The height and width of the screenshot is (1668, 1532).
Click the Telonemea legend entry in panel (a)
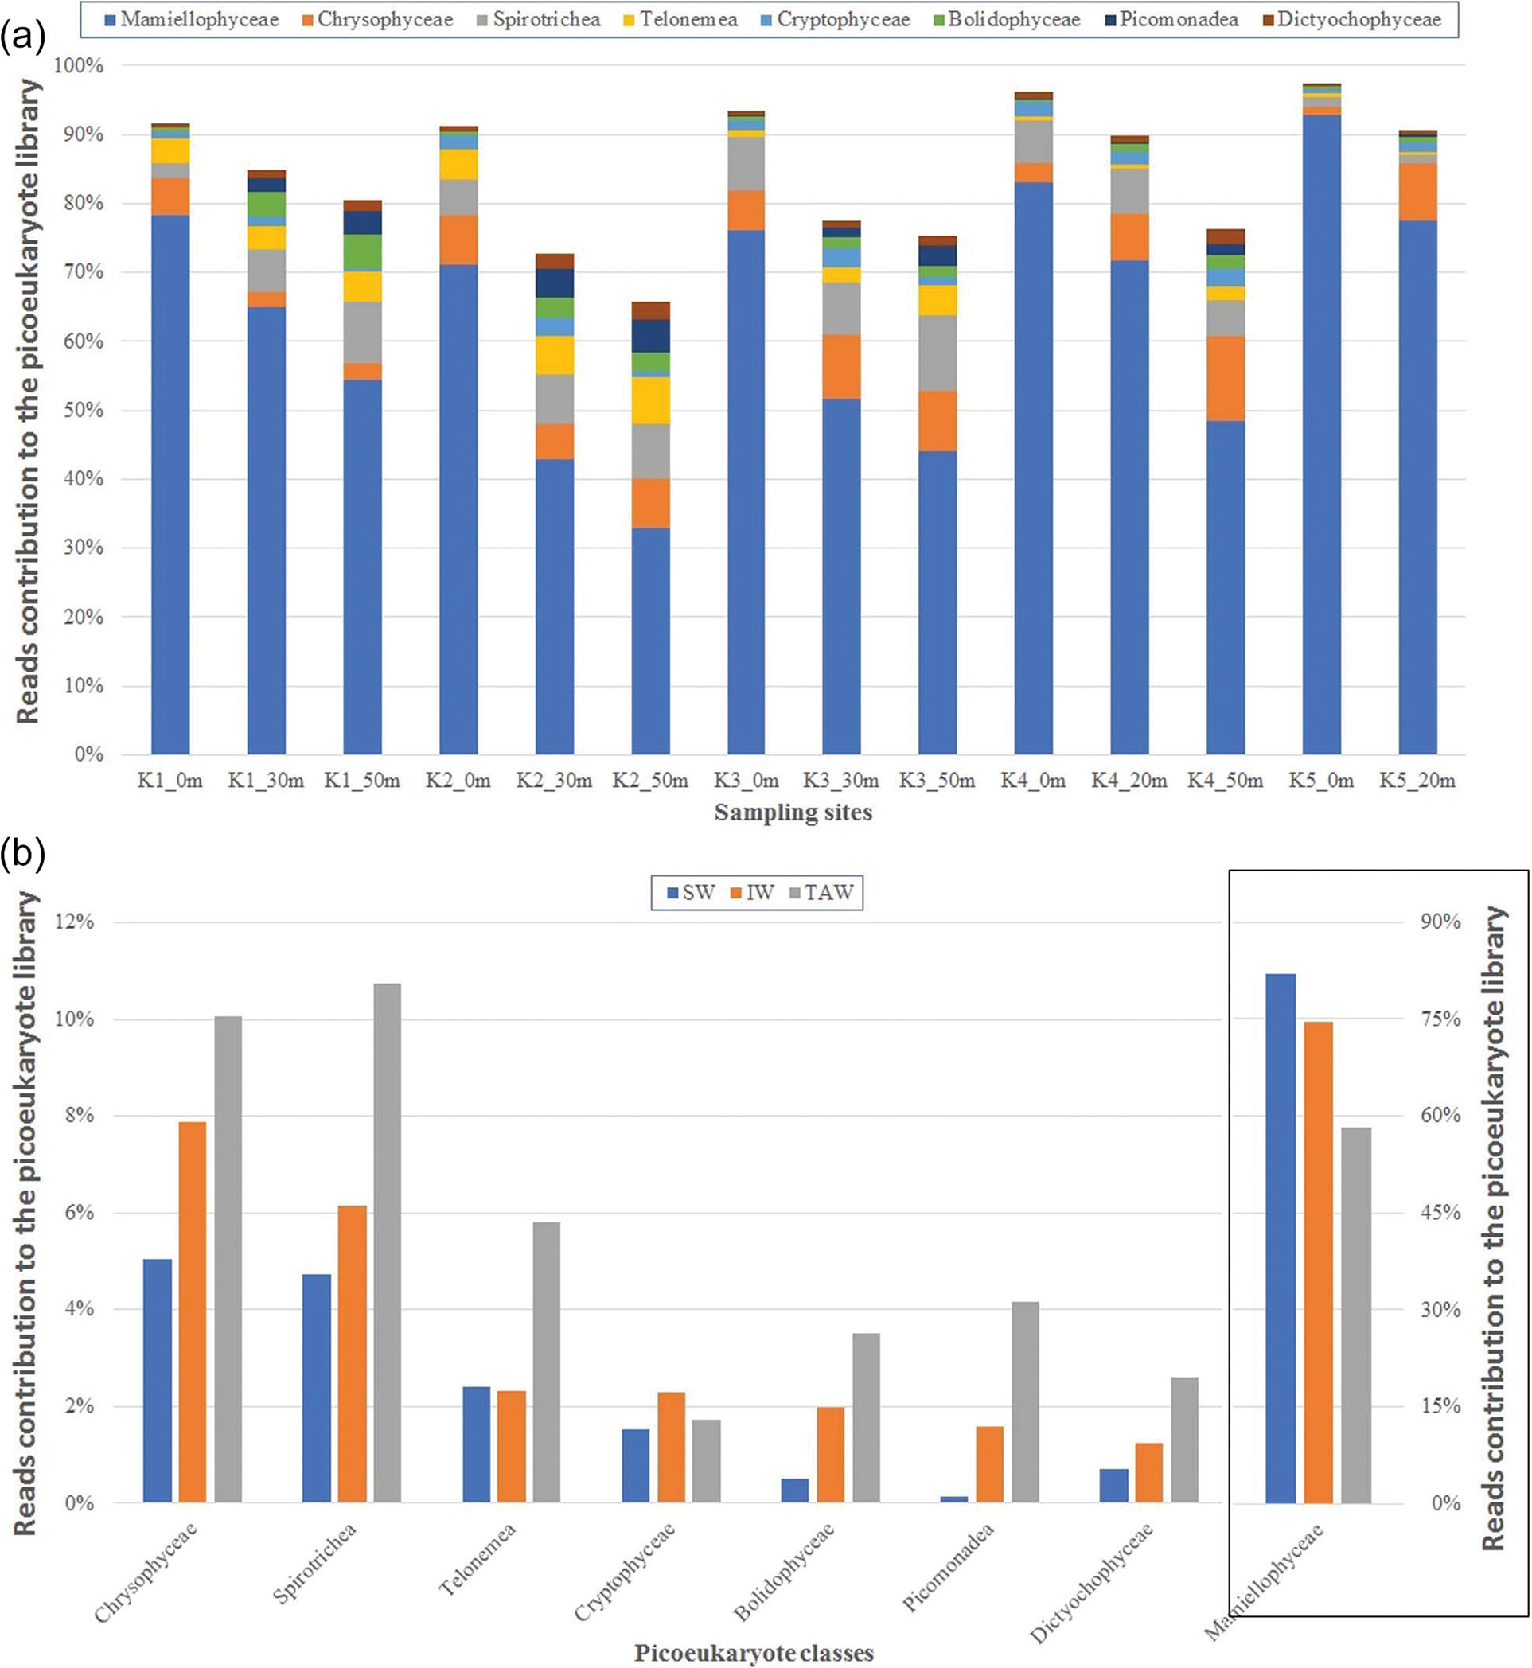click(688, 20)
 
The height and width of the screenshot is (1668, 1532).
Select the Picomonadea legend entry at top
click(1178, 20)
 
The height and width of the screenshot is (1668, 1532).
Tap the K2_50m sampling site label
click(650, 781)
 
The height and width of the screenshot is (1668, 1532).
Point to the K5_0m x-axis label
click(1320, 781)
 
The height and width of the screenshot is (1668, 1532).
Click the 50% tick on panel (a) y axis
click(80, 411)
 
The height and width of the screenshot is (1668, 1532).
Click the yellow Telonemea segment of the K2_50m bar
click(650, 400)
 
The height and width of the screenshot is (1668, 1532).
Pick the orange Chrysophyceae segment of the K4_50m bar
click(1226, 379)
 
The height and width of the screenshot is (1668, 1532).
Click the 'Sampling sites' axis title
click(793, 813)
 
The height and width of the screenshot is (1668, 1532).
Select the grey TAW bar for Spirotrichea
click(387, 1244)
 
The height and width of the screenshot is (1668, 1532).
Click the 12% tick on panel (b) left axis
click(74, 922)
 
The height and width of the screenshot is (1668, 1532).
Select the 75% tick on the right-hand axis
click(1440, 1019)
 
